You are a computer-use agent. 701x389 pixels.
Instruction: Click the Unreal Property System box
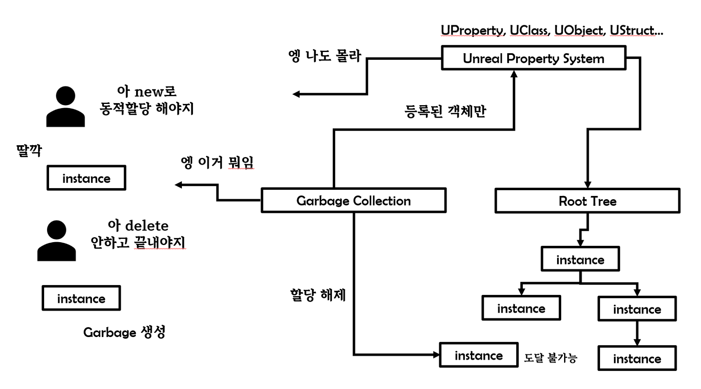click(533, 58)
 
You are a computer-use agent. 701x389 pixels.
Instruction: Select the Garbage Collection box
click(353, 201)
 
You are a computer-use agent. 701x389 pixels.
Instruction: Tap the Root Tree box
click(587, 201)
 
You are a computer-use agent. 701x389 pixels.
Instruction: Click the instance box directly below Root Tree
click(580, 259)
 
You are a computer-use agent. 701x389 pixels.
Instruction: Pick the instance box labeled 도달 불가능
click(478, 355)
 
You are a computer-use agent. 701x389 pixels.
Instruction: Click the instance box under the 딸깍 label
click(86, 178)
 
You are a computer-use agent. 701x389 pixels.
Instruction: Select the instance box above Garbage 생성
click(81, 298)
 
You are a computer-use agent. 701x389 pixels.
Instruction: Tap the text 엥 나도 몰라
click(325, 56)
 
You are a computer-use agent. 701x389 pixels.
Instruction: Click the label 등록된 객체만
click(445, 111)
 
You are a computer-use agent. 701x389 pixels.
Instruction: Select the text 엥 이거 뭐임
click(217, 162)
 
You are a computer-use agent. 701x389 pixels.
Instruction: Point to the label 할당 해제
click(318, 295)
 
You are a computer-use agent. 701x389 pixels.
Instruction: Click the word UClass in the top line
click(529, 30)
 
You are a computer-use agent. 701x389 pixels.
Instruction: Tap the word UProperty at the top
click(473, 30)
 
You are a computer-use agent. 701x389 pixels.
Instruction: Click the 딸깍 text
click(29, 150)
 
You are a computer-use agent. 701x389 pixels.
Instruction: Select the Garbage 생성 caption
click(124, 332)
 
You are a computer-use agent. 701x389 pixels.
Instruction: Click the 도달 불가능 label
click(550, 358)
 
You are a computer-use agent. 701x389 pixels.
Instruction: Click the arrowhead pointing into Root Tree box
click(588, 185)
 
